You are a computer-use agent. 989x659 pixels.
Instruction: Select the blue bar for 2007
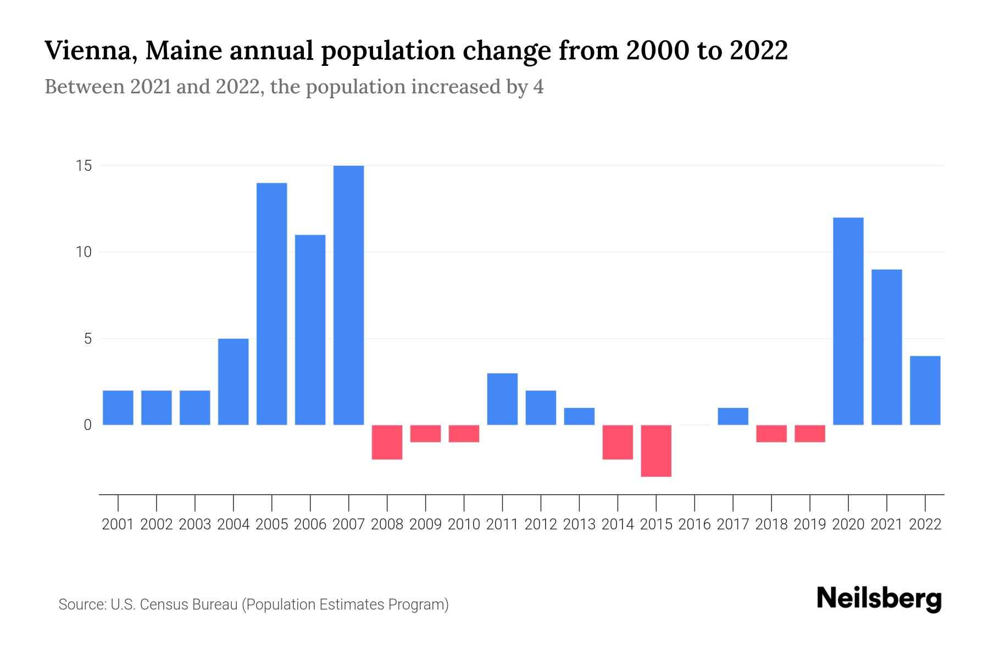coord(348,295)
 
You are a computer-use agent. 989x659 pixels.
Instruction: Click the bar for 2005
coord(271,304)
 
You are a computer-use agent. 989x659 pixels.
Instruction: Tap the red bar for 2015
coord(656,450)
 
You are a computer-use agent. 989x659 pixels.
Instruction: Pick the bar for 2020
coord(848,321)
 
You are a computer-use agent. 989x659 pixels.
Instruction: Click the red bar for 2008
coord(387,442)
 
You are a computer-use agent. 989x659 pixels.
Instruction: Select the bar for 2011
coord(502,399)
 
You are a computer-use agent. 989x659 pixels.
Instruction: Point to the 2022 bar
coord(925,390)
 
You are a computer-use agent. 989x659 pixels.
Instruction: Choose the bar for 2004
coord(233,382)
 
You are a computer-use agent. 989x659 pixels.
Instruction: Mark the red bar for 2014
coord(618,442)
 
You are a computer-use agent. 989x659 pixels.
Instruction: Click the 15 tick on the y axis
coord(84,166)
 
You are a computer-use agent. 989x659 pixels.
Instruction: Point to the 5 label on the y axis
coord(87,339)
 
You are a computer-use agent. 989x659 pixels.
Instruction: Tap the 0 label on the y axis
coord(87,425)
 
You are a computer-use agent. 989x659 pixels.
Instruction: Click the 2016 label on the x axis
coord(694,524)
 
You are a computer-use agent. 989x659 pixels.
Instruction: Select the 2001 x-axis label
coord(118,524)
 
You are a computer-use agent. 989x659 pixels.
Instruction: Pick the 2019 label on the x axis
coord(810,524)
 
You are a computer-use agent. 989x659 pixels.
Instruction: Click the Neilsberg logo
coord(879,599)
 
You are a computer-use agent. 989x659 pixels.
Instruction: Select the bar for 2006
coord(310,329)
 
